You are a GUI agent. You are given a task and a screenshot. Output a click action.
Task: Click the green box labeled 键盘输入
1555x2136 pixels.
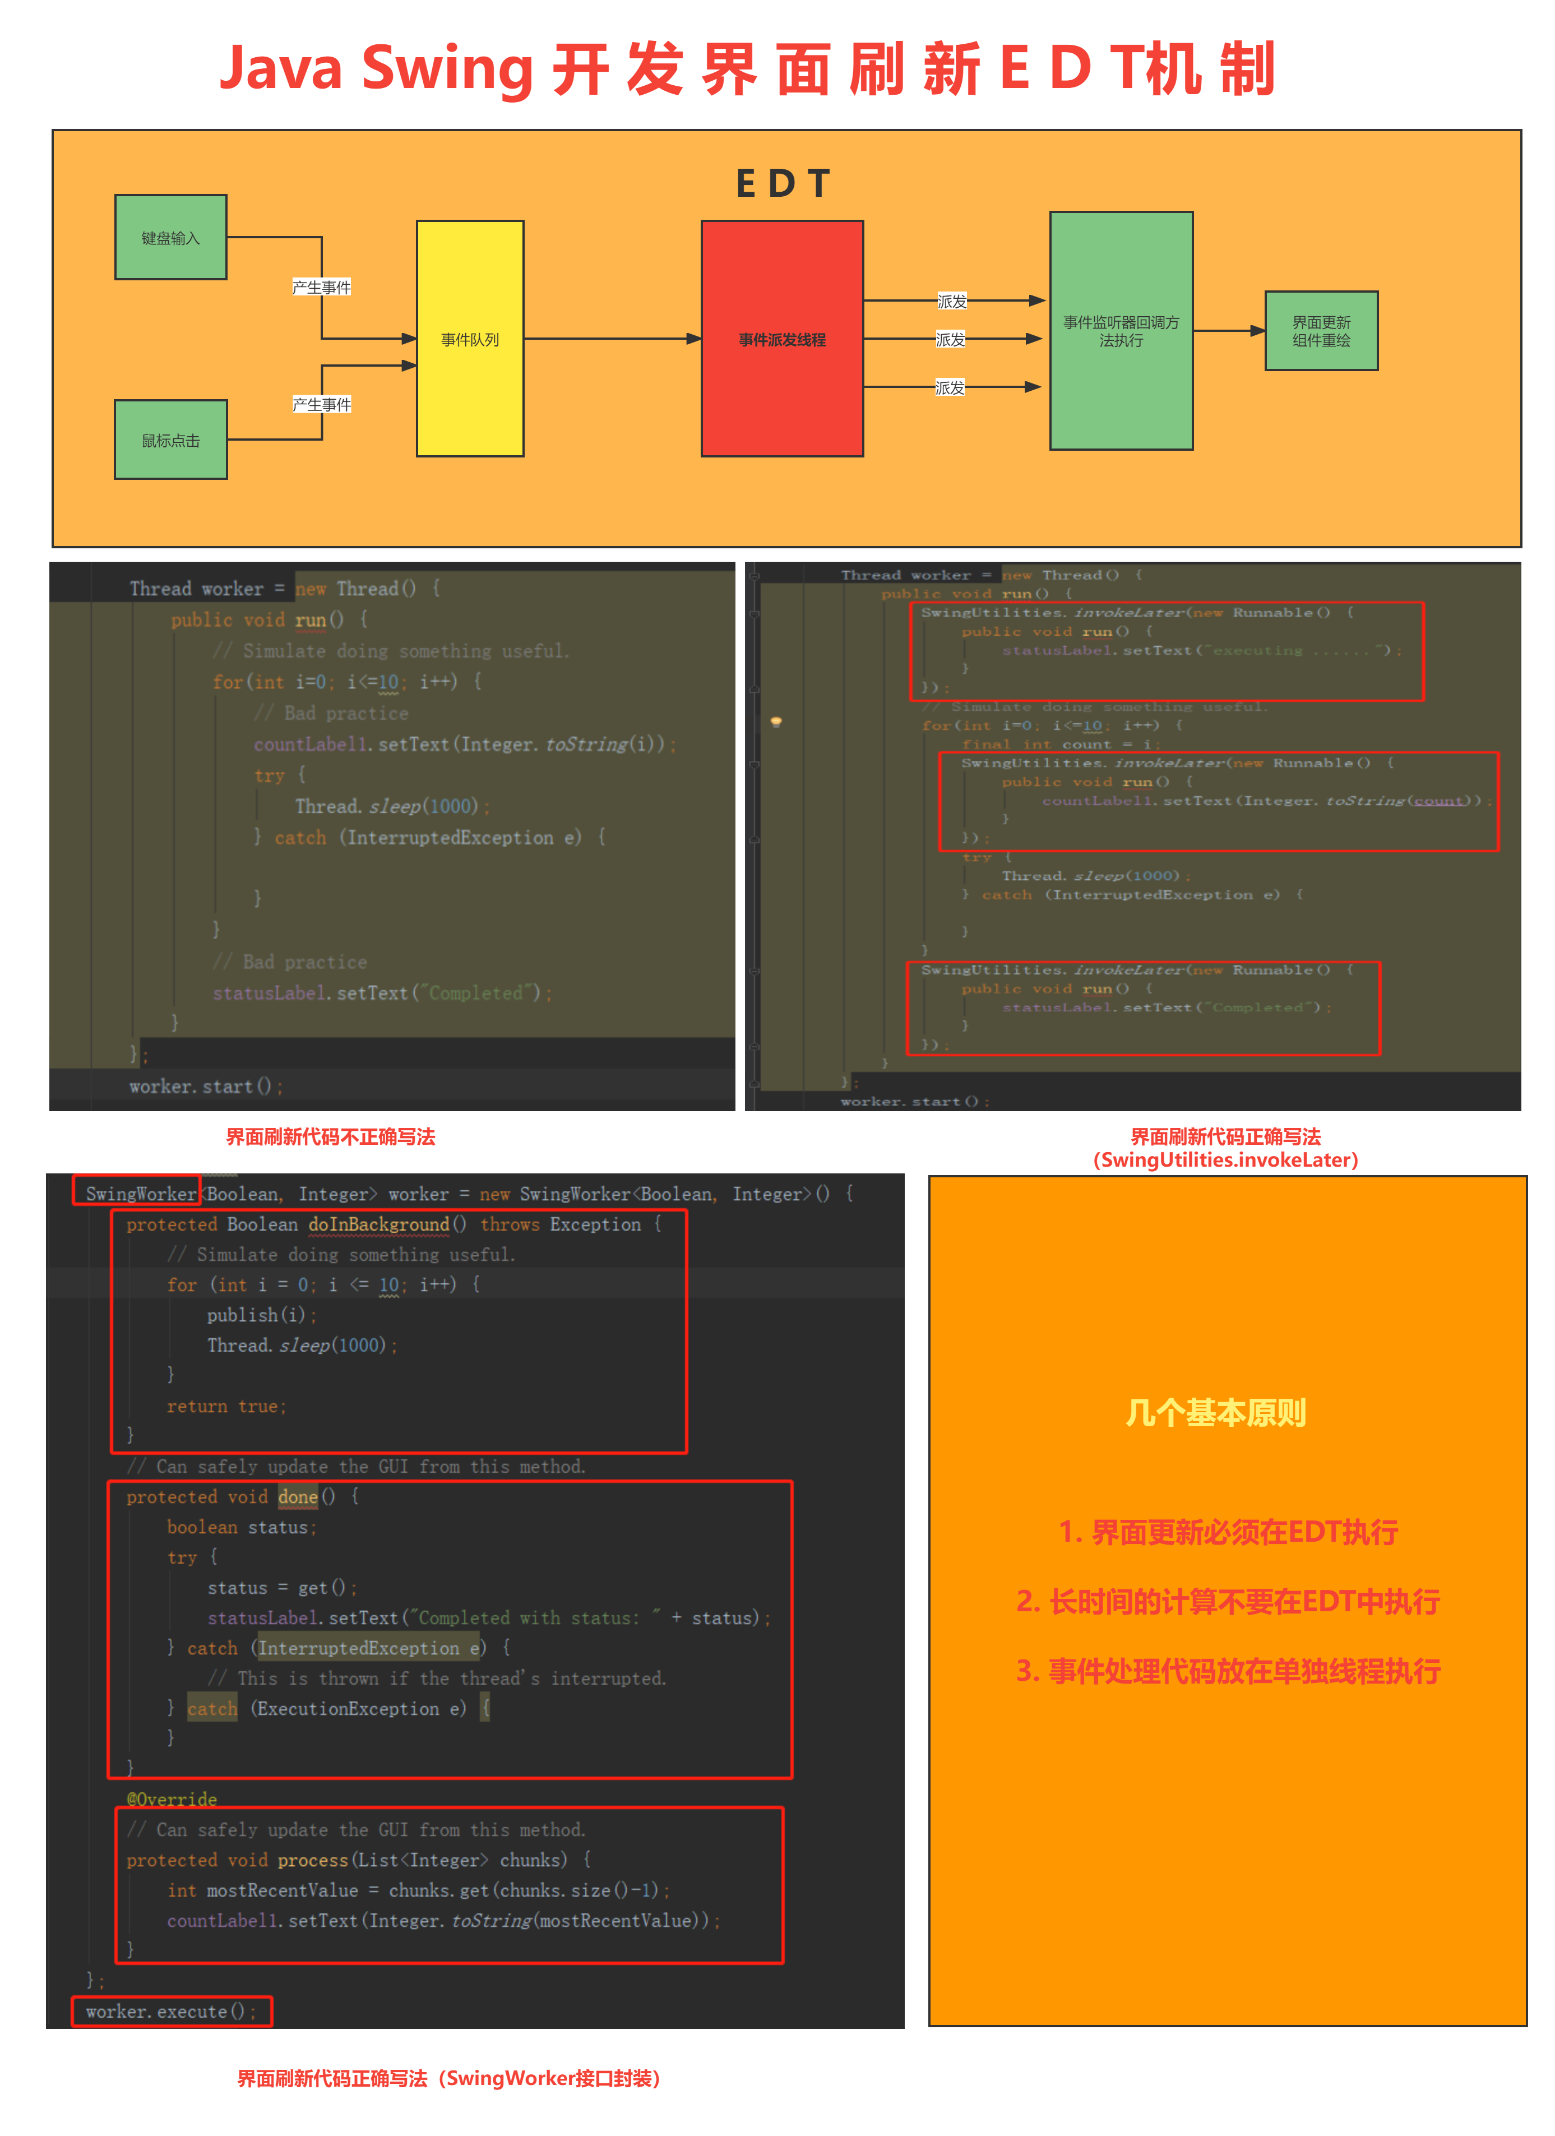(x=170, y=237)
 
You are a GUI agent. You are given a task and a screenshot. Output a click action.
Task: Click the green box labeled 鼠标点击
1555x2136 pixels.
(x=170, y=440)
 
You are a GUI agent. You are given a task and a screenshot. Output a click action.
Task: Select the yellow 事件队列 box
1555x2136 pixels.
(x=470, y=339)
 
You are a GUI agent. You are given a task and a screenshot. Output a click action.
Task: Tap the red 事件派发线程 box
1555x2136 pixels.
(x=782, y=339)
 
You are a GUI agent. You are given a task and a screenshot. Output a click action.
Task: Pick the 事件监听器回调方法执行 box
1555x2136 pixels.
(x=1121, y=331)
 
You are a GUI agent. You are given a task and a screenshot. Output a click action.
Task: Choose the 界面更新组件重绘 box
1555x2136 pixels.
(x=1321, y=331)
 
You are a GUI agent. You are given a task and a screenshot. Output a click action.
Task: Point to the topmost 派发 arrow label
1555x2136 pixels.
(x=951, y=302)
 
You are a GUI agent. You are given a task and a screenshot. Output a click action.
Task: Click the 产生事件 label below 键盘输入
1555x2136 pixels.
(x=321, y=287)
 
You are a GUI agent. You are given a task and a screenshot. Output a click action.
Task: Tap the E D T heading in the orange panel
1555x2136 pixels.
(x=782, y=184)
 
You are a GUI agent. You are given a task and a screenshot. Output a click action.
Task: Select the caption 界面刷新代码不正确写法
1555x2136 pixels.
(x=331, y=1137)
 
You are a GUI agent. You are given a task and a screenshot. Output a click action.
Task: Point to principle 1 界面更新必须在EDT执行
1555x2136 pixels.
(x=1228, y=1532)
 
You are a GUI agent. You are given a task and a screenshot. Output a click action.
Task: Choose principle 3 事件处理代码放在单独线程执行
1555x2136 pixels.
(x=1228, y=1672)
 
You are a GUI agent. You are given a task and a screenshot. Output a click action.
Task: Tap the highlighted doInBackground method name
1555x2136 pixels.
(x=378, y=1224)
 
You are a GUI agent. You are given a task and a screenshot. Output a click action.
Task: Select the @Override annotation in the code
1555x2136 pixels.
(x=172, y=1799)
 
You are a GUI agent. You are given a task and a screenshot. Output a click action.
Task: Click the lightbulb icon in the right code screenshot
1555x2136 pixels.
(x=776, y=722)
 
